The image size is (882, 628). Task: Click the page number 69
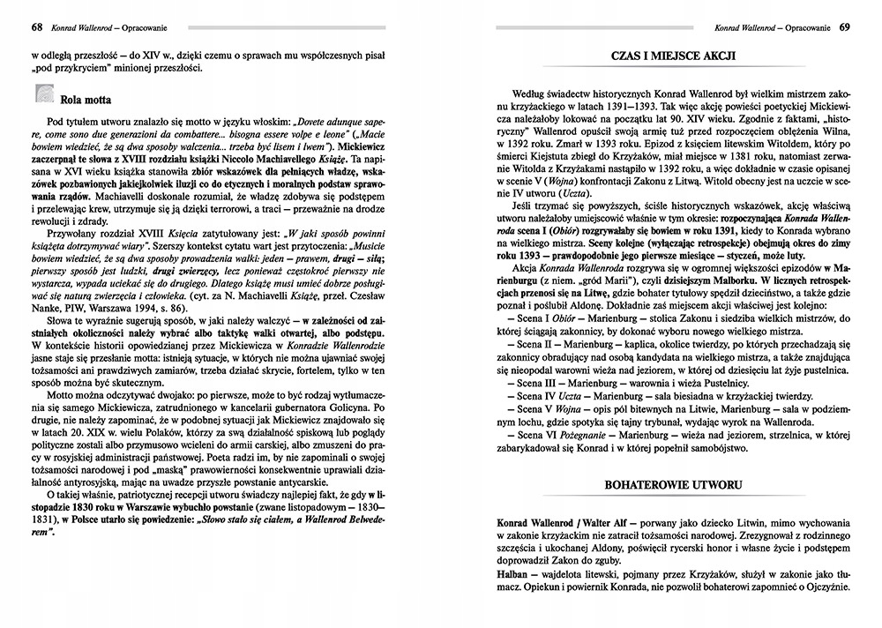pos(845,26)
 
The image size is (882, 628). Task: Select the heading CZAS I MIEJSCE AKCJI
pos(674,56)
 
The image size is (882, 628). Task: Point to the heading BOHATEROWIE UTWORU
pos(674,485)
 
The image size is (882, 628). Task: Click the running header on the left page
pos(111,26)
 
